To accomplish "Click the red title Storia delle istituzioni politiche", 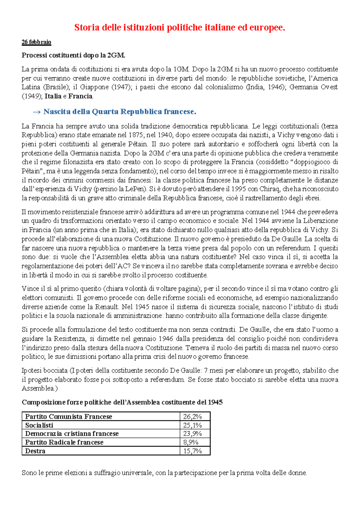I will coord(179,28).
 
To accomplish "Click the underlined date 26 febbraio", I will coord(36,42).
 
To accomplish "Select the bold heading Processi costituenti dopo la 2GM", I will coord(73,55).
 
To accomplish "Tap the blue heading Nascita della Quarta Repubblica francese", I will coord(120,112).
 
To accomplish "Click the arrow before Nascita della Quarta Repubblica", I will coord(36,112).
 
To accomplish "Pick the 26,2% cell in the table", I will coord(192,417).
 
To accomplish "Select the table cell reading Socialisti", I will coord(39,425).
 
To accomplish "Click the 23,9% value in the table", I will coord(192,434).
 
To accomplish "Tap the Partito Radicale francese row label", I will coord(64,442).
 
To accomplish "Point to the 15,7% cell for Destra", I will coord(192,451).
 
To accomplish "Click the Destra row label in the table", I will coord(35,451).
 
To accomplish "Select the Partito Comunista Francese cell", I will coord(68,417).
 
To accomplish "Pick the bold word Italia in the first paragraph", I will coord(53,96).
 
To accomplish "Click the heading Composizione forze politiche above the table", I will coord(122,402).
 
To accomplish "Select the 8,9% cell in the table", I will coord(191,442).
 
